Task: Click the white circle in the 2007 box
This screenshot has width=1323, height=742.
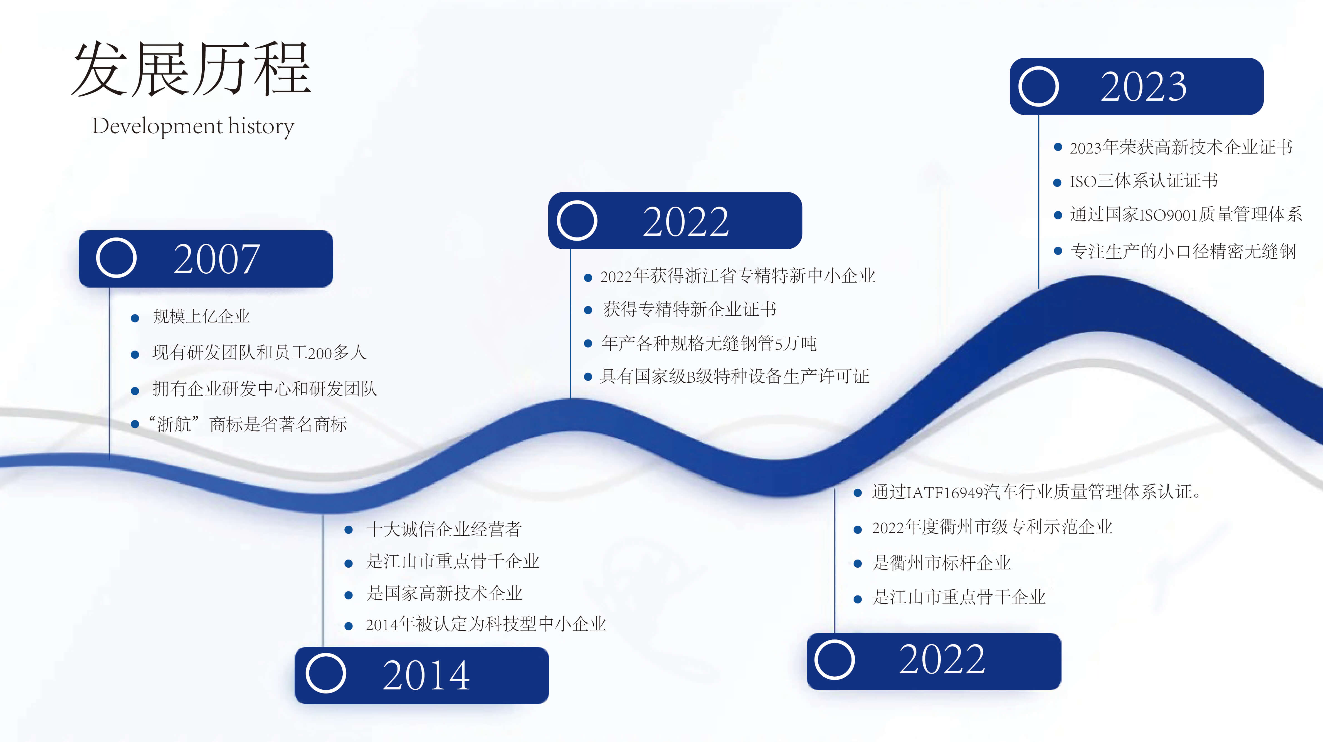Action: (x=116, y=258)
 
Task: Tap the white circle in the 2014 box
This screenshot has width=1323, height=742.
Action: (x=326, y=673)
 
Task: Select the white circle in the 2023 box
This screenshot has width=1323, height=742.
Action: (x=1038, y=86)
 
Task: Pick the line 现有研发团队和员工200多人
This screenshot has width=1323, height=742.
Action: (x=259, y=353)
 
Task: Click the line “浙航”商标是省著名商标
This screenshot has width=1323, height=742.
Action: (x=248, y=424)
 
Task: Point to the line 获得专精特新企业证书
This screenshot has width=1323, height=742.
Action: (x=689, y=310)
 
